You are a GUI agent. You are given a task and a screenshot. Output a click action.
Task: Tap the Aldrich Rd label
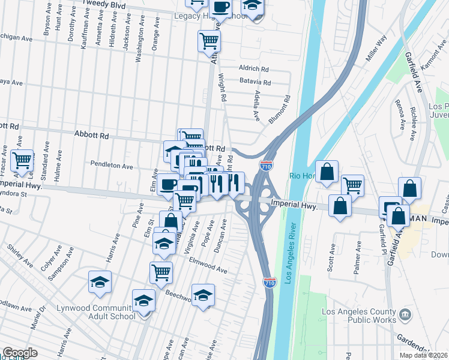(x=254, y=68)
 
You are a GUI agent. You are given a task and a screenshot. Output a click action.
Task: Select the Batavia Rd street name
(x=255, y=83)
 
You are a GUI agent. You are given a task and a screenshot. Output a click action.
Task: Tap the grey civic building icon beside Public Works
(x=405, y=314)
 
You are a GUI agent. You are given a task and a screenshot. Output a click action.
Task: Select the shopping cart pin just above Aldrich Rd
(x=209, y=41)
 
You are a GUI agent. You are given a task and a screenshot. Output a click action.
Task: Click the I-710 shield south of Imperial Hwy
(x=270, y=281)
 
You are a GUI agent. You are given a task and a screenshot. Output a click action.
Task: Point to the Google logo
(x=20, y=353)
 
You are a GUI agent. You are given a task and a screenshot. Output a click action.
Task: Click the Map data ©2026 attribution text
(x=424, y=355)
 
